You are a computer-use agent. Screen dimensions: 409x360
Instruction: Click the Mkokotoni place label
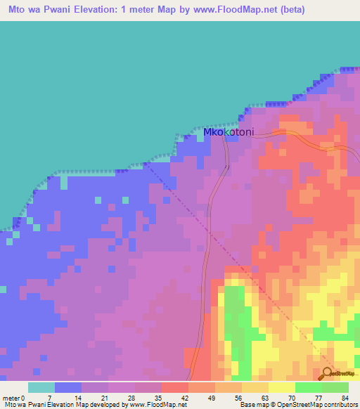pos(228,132)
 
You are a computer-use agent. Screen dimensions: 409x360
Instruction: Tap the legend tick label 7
pos(50,397)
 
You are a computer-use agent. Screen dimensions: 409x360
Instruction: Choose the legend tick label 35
pos(157,397)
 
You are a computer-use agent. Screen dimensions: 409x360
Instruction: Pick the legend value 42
pos(184,397)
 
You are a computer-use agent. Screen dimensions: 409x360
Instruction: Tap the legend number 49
pos(211,397)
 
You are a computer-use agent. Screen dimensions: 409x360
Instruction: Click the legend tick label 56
pos(238,397)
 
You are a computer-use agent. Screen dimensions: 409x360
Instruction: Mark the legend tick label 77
pos(318,397)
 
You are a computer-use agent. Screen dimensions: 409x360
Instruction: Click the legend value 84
pos(345,397)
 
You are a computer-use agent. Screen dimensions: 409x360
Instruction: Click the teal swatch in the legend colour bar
pos(41,387)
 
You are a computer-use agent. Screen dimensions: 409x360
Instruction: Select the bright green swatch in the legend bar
pos(309,387)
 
